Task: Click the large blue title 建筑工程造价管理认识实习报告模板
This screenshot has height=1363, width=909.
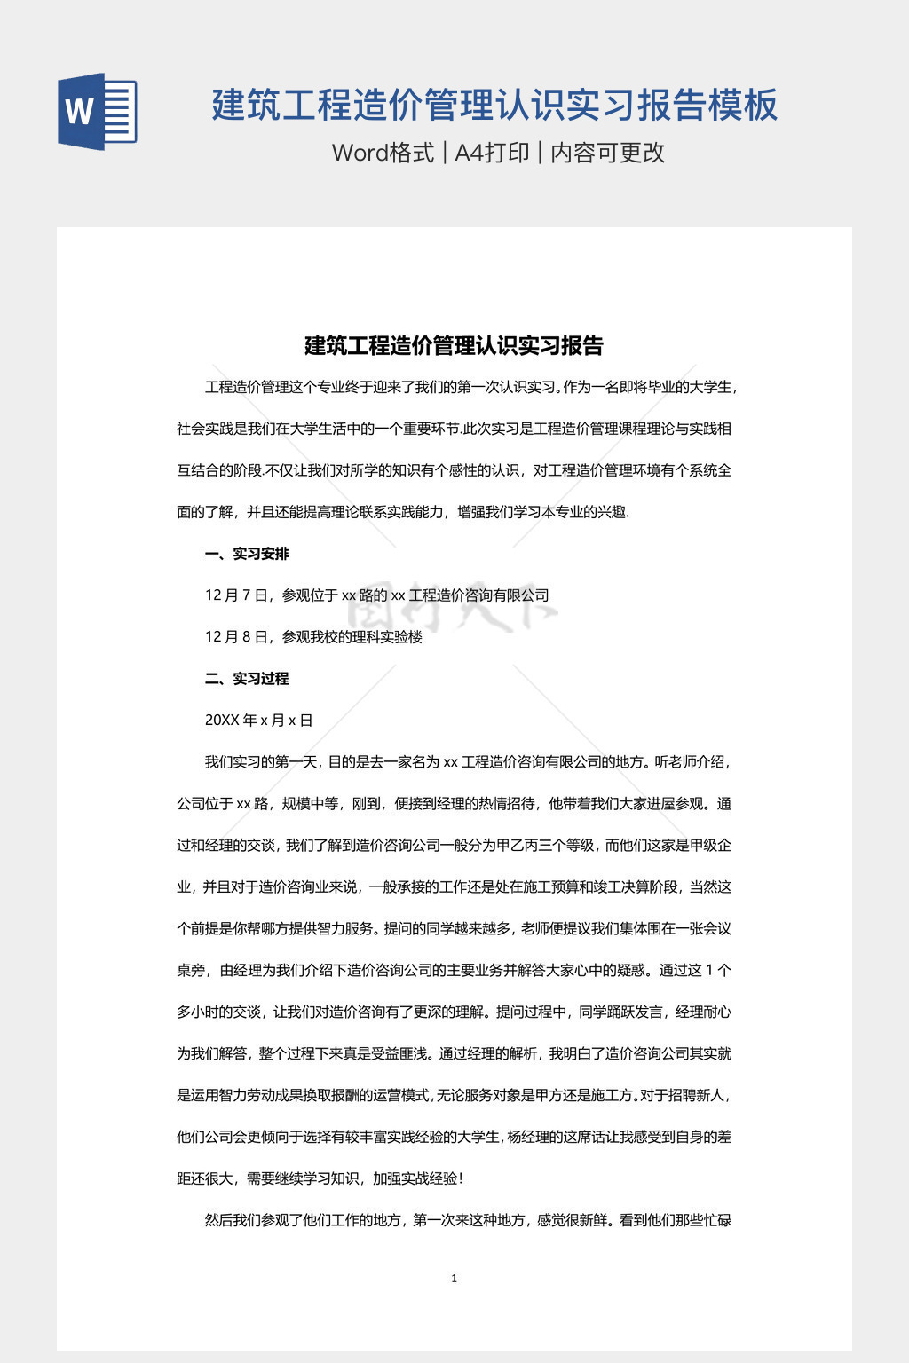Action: [494, 105]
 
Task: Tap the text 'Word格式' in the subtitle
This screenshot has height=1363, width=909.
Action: [383, 153]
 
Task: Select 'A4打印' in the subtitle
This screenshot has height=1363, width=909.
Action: [492, 153]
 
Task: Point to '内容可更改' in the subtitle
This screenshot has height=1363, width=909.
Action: [608, 153]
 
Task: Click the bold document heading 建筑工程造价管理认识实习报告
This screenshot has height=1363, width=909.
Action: [454, 345]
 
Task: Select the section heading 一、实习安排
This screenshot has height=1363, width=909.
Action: [247, 554]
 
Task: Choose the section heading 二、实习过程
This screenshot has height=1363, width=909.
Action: [247, 679]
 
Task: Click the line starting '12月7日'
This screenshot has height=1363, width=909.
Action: [376, 595]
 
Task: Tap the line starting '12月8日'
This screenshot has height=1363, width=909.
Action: [313, 637]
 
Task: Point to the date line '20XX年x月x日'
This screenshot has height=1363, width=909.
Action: [258, 721]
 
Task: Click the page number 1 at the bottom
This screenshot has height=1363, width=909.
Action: [454, 1279]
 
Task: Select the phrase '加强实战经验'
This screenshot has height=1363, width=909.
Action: [415, 1178]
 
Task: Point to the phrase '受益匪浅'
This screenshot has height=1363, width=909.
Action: [399, 1053]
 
